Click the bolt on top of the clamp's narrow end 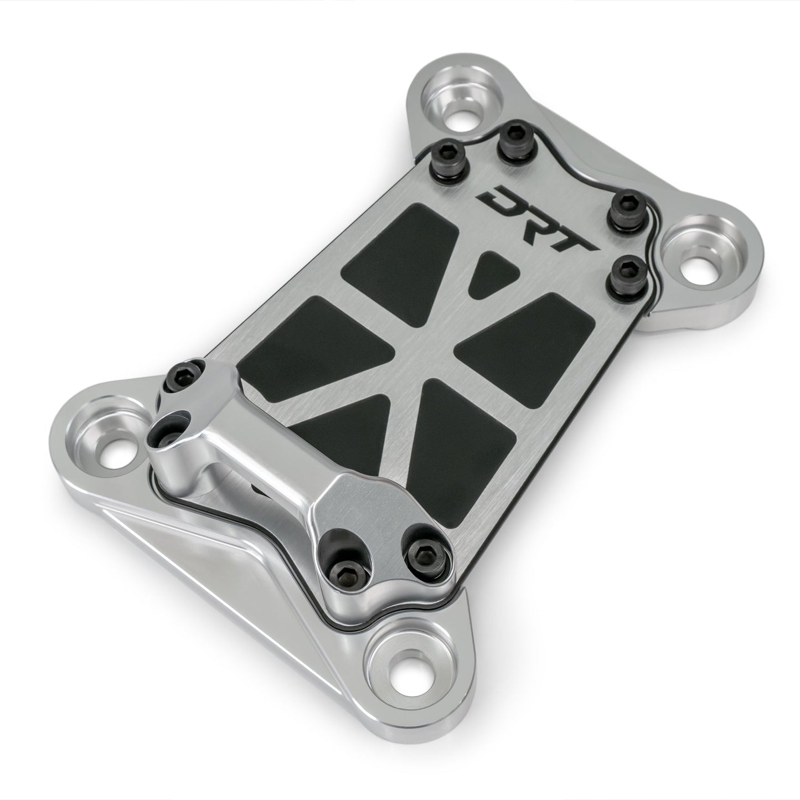point(182,376)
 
